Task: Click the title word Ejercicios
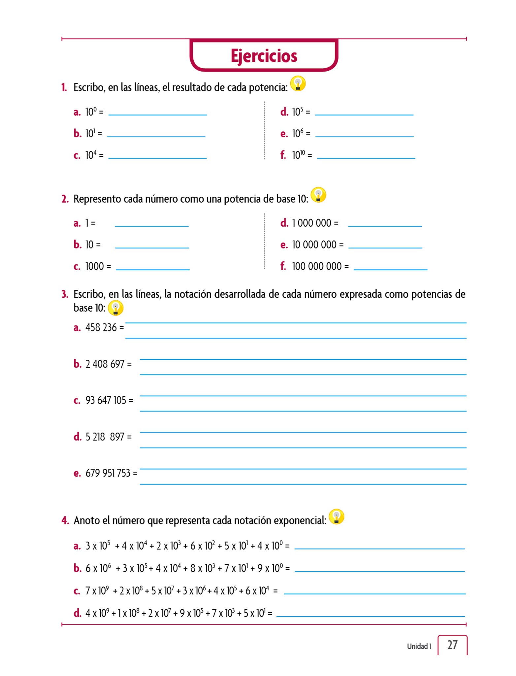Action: coord(264,56)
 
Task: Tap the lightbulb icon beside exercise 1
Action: coord(298,84)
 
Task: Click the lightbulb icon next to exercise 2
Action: coord(318,195)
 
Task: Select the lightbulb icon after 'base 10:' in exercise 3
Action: coord(115,308)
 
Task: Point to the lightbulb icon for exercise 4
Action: coord(337,517)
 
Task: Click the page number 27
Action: coord(452,645)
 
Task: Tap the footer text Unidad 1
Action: coord(419,646)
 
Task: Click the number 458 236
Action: coord(101,327)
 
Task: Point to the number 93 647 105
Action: coord(106,400)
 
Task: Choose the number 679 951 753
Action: coord(108,473)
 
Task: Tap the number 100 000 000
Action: coord(317,266)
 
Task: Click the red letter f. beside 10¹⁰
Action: coord(283,155)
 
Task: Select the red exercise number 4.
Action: coord(65,521)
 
